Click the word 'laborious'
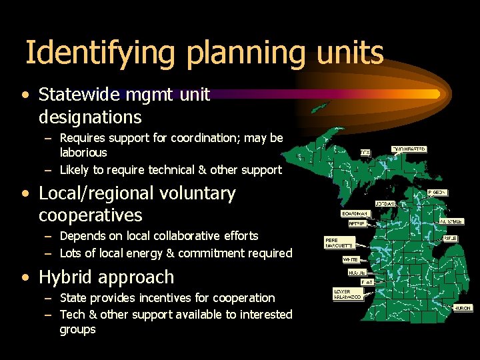tap(83, 152)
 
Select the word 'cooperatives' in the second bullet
tap(90, 215)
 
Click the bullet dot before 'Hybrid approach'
tap(25, 277)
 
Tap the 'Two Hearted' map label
tap(409, 149)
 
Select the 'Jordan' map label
tap(385, 203)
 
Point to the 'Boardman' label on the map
tap(355, 214)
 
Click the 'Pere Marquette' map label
tap(337, 243)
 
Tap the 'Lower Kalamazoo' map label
tap(347, 294)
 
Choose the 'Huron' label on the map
tap(463, 308)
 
